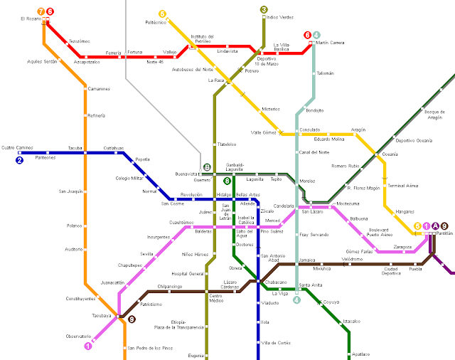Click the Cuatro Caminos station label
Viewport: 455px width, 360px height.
[17, 148]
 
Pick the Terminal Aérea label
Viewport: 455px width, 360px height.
[401, 185]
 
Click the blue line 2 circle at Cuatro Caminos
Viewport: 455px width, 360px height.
[19, 160]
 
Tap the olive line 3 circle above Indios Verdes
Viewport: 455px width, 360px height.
[264, 10]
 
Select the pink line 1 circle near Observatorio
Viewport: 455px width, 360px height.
[88, 346]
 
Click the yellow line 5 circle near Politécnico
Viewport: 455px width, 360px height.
[162, 14]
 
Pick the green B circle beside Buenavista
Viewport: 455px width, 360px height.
[206, 167]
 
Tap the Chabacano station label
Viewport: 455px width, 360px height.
[279, 282]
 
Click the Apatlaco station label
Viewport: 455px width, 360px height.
[361, 354]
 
